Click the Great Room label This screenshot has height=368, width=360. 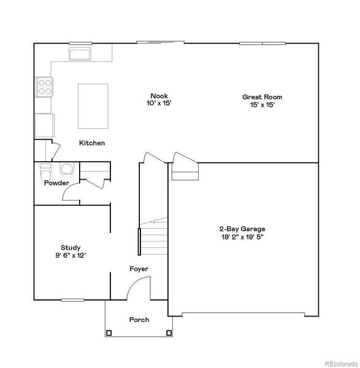[x=262, y=97]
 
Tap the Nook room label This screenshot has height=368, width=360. [x=159, y=96]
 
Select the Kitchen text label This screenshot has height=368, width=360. [x=92, y=143]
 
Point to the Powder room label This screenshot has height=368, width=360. [x=56, y=183]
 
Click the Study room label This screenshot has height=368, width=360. [x=71, y=248]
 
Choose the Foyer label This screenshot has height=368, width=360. [x=139, y=269]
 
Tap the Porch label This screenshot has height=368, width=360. [x=139, y=320]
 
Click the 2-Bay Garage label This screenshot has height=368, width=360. [x=244, y=229]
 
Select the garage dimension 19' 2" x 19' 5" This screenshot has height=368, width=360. [x=244, y=237]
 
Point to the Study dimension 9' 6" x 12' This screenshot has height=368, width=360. [x=71, y=256]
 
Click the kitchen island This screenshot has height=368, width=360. [x=93, y=105]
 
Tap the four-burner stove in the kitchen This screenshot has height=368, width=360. [x=44, y=87]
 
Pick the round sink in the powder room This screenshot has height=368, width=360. [x=66, y=169]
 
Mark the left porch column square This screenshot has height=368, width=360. [x=109, y=333]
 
